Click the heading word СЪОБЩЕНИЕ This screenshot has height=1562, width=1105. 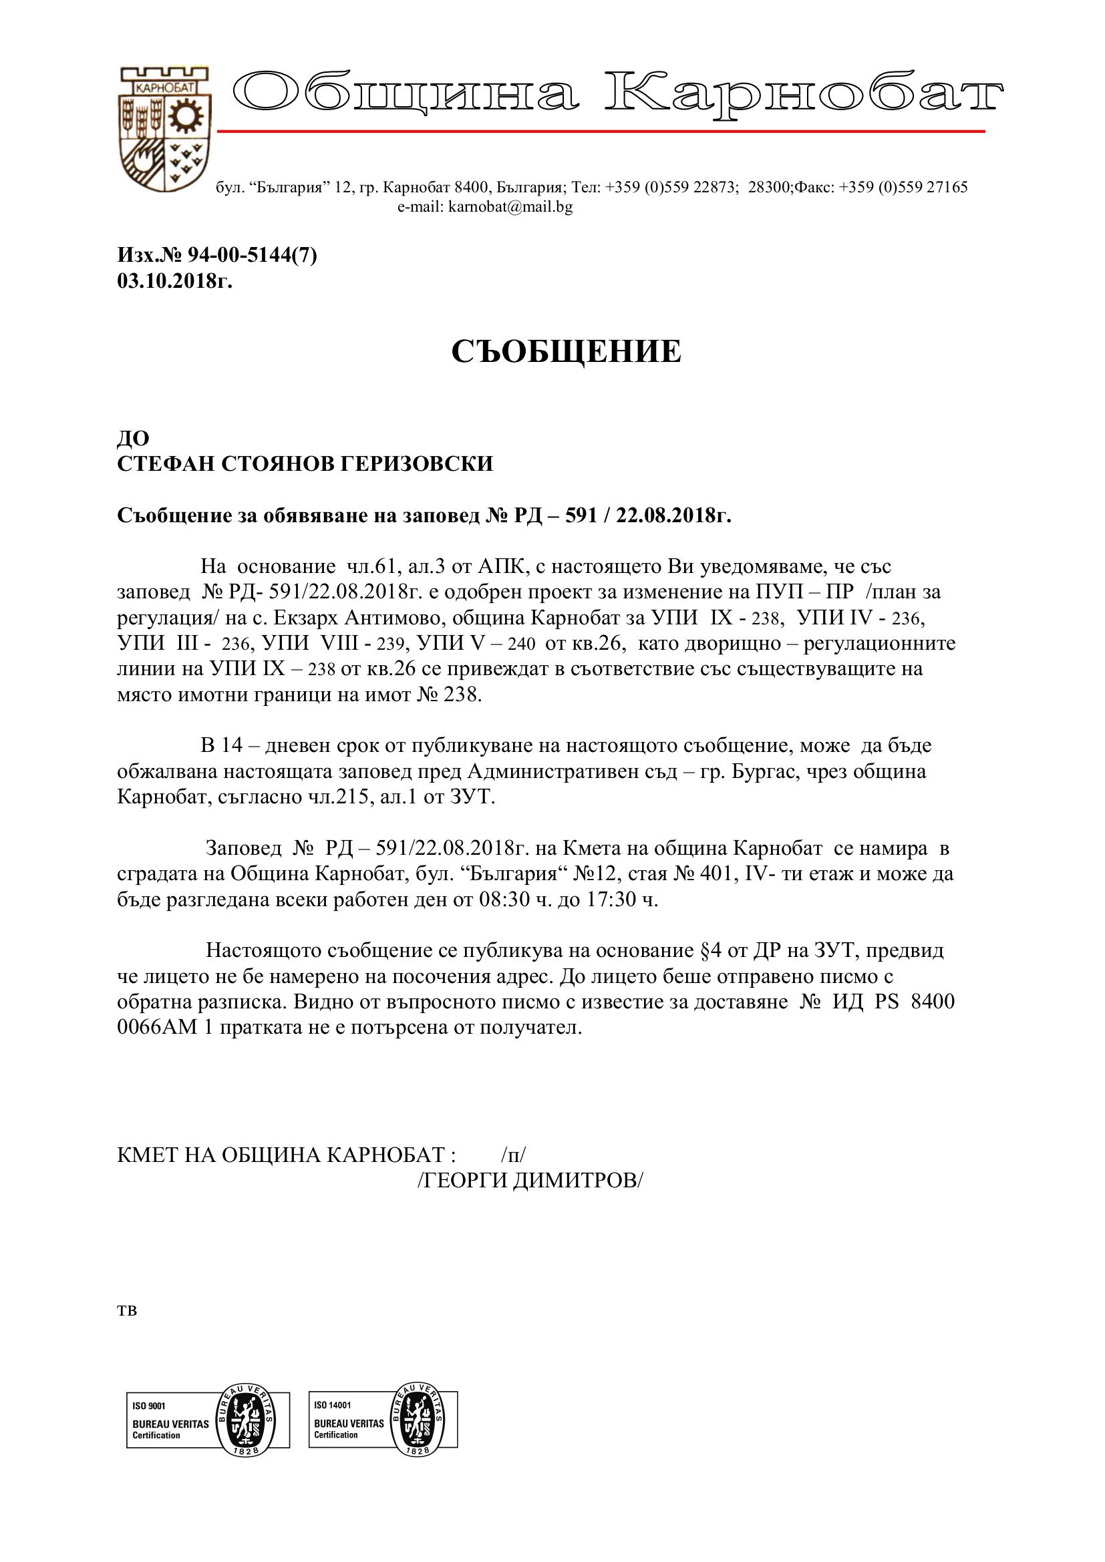click(566, 352)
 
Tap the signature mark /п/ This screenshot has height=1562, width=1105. click(513, 1155)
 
